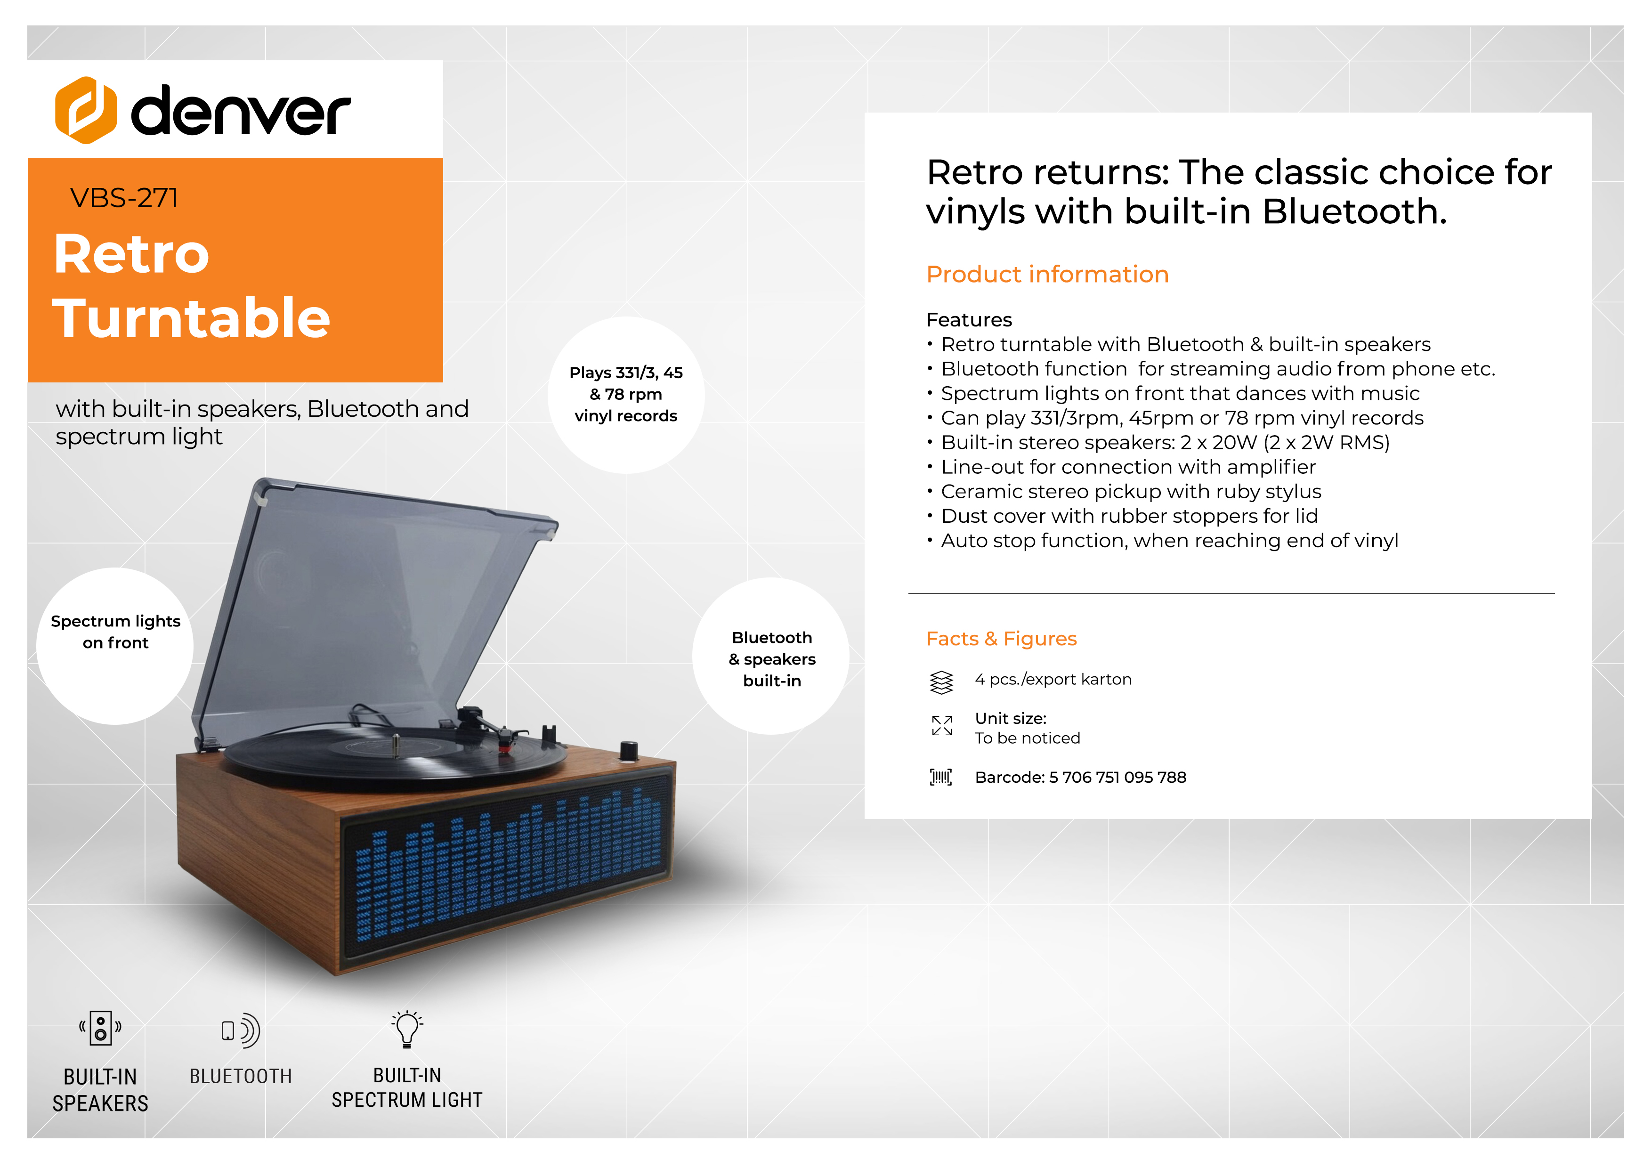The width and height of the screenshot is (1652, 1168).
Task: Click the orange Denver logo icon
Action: pos(86,110)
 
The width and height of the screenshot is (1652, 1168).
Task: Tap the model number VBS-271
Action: pos(124,198)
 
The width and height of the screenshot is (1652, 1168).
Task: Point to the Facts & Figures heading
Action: pos(1001,638)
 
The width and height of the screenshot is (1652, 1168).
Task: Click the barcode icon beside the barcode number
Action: pos(941,777)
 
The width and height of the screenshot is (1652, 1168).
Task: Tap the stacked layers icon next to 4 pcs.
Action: pos(941,681)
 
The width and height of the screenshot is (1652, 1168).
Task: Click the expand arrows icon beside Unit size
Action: pos(942,725)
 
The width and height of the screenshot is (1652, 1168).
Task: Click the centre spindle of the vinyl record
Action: pos(395,745)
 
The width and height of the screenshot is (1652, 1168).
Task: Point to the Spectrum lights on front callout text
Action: pos(115,632)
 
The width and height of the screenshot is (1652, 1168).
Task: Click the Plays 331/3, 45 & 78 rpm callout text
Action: pos(626,394)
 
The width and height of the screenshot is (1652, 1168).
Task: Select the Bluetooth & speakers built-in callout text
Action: pos(772,659)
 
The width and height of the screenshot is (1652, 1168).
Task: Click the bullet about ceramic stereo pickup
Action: pos(1124,492)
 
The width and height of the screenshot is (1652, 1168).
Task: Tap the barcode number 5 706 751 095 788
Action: pos(1118,777)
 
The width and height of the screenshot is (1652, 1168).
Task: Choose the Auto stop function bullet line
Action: pos(1163,541)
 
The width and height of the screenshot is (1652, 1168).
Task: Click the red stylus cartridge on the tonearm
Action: pos(505,748)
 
